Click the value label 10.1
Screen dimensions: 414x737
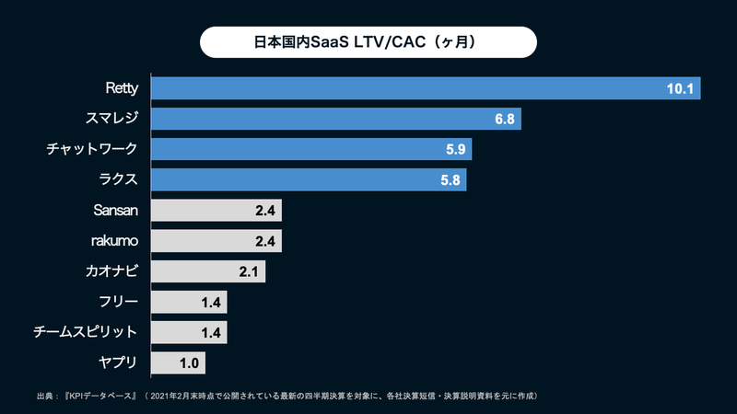coord(679,88)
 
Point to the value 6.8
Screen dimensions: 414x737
coord(505,119)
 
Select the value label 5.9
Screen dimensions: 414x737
coord(456,149)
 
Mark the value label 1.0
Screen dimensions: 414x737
coord(189,362)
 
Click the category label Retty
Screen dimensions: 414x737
coord(121,88)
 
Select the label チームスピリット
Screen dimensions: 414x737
coord(92,332)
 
